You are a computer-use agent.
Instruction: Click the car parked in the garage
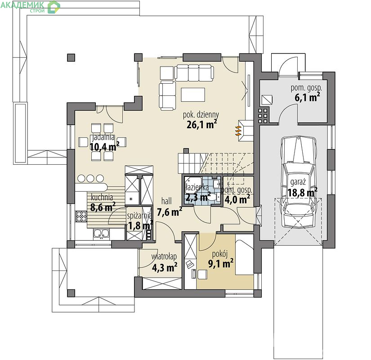(x=299, y=182)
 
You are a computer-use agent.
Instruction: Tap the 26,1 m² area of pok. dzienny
(x=202, y=124)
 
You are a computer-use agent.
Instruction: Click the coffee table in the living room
(x=193, y=95)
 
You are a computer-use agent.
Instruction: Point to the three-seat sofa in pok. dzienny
(x=194, y=73)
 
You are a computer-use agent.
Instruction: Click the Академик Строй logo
(x=30, y=7)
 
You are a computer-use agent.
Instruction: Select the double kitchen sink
(x=101, y=234)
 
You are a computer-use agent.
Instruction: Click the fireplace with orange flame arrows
(x=245, y=131)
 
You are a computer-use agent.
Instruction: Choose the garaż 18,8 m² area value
(x=303, y=193)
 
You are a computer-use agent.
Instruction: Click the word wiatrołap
(x=164, y=257)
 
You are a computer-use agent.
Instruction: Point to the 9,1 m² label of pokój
(x=221, y=263)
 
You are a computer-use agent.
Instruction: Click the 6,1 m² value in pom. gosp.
(x=307, y=97)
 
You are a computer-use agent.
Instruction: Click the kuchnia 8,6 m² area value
(x=103, y=207)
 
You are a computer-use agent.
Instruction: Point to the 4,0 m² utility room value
(x=237, y=199)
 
